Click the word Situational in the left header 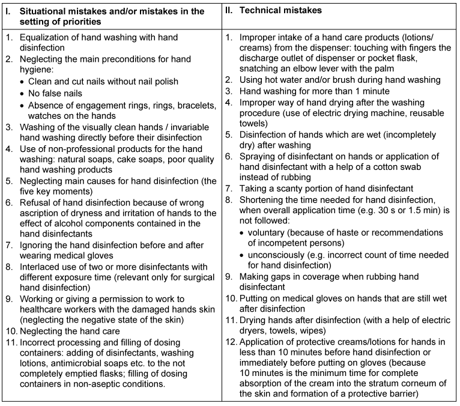(45, 11)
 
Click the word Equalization (46, 37)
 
